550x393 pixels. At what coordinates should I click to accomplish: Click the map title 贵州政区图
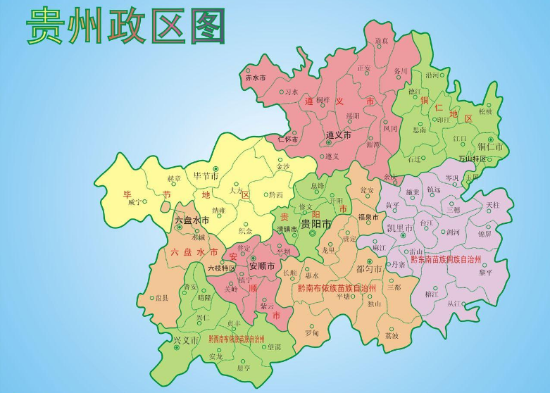click(x=126, y=26)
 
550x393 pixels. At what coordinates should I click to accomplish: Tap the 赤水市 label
click(x=255, y=78)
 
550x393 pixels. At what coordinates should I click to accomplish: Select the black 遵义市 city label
click(x=339, y=134)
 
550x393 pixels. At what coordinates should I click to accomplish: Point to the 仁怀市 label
click(x=288, y=139)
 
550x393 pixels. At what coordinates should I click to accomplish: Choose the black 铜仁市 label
click(x=490, y=147)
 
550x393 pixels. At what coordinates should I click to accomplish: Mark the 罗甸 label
click(x=312, y=332)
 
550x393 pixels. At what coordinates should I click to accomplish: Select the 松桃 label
click(x=486, y=111)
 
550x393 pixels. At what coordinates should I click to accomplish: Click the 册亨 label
click(x=243, y=368)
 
